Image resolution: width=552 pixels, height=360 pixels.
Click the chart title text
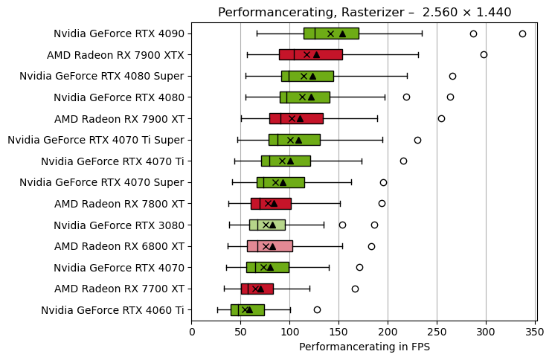coord(365,12)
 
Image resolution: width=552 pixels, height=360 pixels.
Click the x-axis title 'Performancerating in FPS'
coord(365,347)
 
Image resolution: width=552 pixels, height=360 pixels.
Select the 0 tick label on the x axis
coord(192,331)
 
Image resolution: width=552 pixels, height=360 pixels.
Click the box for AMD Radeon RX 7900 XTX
coord(310,54)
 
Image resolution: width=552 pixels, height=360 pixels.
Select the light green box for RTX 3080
coord(267,225)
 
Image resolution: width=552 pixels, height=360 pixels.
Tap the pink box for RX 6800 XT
coord(269,246)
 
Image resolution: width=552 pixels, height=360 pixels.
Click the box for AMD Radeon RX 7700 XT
coord(257,289)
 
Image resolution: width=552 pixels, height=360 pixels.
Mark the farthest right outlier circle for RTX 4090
coord(522,33)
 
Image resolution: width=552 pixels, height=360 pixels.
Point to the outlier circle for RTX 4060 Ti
coord(317,309)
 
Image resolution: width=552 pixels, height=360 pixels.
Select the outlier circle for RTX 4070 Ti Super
coord(417,140)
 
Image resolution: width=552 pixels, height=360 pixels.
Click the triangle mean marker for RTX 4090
coord(342,33)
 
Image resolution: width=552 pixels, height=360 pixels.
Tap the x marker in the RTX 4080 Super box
coord(304,76)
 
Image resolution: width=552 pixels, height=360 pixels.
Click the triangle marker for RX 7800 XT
coord(274,203)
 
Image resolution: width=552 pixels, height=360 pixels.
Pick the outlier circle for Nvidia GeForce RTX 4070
coord(359,267)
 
